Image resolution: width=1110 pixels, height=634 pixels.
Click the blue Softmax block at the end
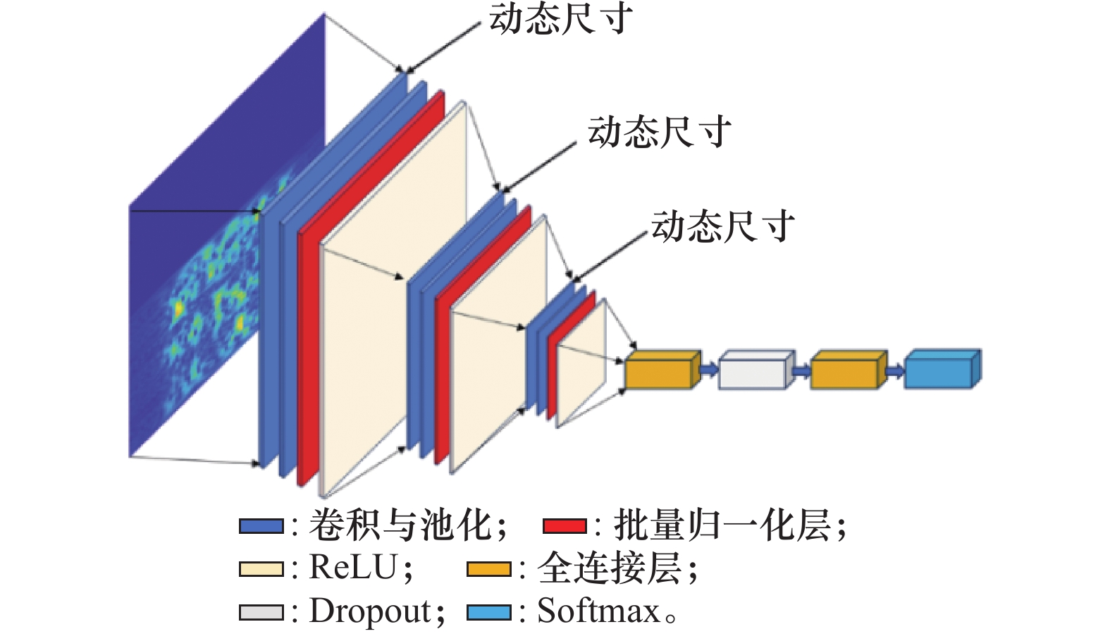[941, 370]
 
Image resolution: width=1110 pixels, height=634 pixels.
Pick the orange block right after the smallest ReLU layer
[661, 371]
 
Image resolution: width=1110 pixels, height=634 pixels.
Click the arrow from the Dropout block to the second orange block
[801, 370]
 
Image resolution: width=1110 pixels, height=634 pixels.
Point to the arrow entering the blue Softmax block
[894, 370]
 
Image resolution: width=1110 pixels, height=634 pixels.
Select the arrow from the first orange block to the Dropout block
[709, 368]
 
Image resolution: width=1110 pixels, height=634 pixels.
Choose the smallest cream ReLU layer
[582, 363]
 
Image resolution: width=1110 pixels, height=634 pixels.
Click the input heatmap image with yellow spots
[211, 282]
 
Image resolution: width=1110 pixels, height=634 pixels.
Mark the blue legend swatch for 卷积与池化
[261, 526]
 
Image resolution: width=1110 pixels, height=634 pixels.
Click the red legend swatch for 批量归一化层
[565, 526]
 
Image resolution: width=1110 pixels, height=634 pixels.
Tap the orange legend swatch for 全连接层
[489, 569]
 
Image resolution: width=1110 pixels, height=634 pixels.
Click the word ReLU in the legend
[353, 568]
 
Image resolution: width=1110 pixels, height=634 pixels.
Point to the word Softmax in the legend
[598, 611]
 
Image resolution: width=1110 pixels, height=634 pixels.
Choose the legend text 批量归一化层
[722, 525]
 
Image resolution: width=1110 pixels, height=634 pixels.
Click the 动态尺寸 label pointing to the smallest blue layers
[722, 227]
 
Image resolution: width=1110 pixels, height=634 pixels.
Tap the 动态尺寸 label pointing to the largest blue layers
[560, 19]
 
